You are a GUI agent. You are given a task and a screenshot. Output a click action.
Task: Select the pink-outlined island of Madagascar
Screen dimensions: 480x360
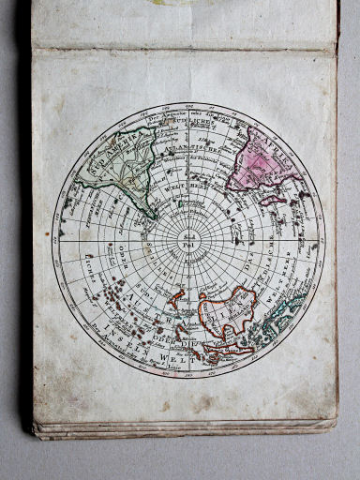click(273, 199)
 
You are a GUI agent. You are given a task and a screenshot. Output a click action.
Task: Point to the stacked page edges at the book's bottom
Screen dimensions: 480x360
click(187, 430)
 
